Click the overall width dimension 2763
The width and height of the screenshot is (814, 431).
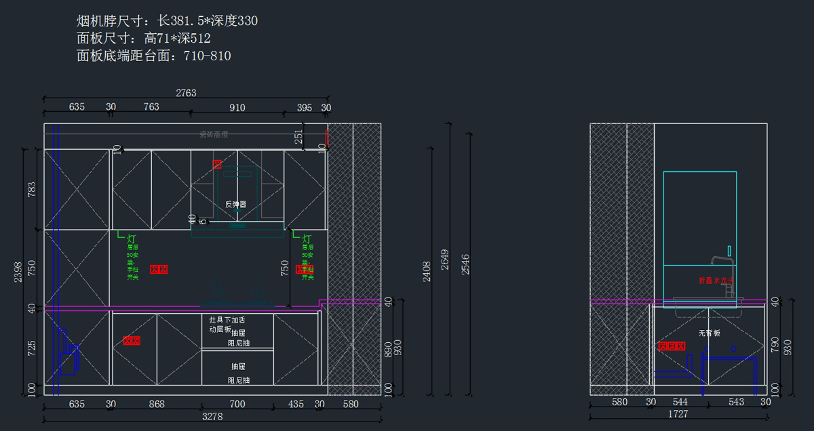click(186, 93)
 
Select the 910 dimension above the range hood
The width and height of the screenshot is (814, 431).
click(237, 107)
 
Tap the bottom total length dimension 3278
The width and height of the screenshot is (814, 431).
click(212, 417)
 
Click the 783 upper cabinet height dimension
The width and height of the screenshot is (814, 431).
click(31, 189)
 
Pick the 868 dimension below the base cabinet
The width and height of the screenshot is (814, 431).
click(157, 404)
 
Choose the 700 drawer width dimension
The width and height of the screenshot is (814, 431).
click(237, 404)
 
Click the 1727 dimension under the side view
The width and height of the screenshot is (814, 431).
click(678, 413)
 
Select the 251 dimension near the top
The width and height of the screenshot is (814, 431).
click(299, 136)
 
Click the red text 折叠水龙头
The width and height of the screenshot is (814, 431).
click(716, 280)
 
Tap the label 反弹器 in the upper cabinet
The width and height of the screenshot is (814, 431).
click(235, 204)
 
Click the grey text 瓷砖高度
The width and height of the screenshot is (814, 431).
click(213, 134)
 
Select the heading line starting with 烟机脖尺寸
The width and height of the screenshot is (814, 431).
click(167, 21)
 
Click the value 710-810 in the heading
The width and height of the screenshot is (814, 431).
click(207, 56)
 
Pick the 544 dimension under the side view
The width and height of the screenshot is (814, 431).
click(680, 402)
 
